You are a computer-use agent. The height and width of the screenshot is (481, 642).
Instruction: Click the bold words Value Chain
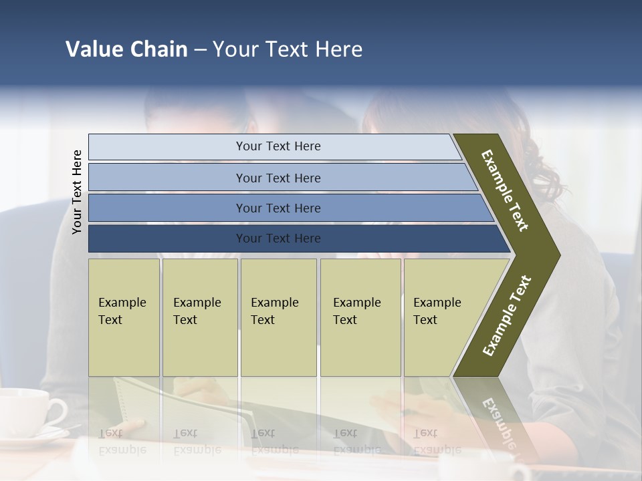[126, 49]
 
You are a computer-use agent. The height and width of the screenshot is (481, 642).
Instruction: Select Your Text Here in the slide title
[288, 49]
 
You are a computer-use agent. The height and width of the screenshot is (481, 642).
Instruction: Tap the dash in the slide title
[200, 50]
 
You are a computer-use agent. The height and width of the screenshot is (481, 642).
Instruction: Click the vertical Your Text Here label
[77, 192]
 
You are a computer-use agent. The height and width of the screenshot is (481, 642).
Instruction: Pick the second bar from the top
[278, 178]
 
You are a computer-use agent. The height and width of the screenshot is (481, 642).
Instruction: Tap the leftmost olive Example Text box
[124, 317]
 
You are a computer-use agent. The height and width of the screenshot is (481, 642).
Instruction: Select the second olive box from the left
[200, 317]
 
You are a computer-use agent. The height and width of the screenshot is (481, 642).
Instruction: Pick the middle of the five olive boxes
[278, 317]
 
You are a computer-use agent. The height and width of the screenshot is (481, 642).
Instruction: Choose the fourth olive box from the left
[360, 317]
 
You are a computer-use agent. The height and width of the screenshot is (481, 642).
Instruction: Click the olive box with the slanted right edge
[441, 317]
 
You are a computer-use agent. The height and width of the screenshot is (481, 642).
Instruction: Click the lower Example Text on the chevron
[507, 315]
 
